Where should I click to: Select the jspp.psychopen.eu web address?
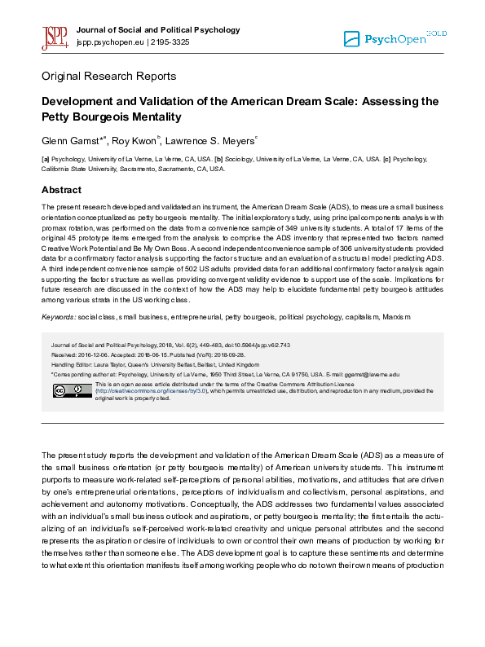click(x=109, y=42)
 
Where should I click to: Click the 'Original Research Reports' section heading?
click(x=108, y=77)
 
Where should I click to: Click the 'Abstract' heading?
click(x=62, y=190)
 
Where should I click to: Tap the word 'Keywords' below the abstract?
click(x=59, y=316)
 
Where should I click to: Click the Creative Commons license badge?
click(x=73, y=390)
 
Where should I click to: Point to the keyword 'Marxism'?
click(x=394, y=316)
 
